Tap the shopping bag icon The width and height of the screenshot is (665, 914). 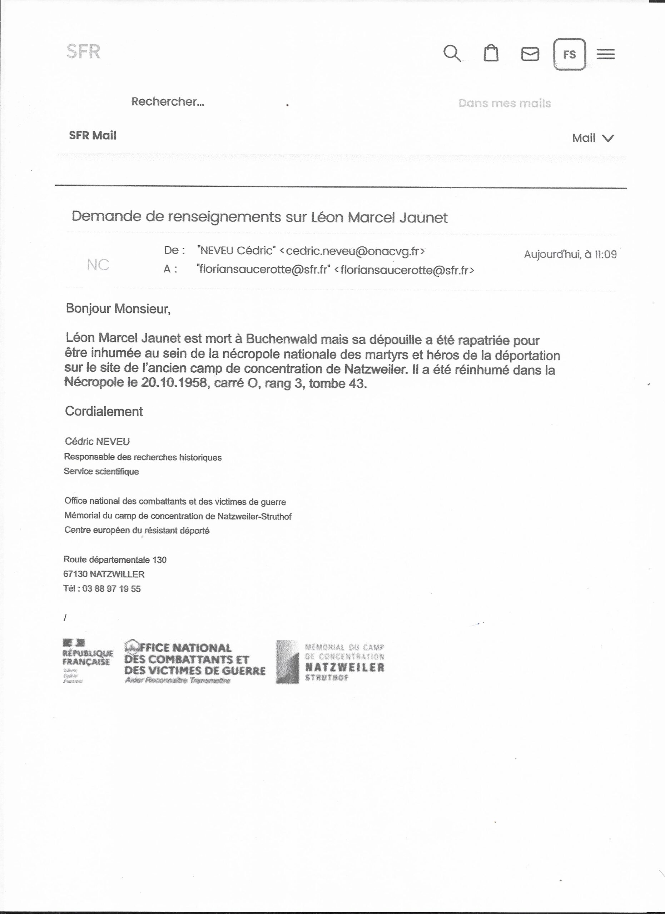[x=491, y=53]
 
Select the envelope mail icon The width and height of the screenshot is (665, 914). [x=530, y=54]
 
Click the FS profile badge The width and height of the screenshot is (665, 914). [x=570, y=54]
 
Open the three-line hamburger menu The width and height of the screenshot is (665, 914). [x=605, y=54]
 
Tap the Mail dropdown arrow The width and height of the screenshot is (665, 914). [x=608, y=138]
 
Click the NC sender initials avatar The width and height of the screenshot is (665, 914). [x=98, y=265]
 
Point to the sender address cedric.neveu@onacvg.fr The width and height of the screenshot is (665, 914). [x=352, y=251]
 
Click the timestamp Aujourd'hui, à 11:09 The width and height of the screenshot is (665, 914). [x=570, y=254]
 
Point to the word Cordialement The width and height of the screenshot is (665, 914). [x=104, y=411]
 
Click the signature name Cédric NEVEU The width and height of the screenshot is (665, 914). [x=97, y=442]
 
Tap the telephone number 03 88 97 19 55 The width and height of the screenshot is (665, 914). [x=111, y=589]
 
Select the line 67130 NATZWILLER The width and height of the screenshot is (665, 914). [x=104, y=574]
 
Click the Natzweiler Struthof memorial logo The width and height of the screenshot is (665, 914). [x=330, y=661]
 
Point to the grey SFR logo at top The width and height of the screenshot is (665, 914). [x=84, y=51]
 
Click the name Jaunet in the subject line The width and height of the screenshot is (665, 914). [x=423, y=218]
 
